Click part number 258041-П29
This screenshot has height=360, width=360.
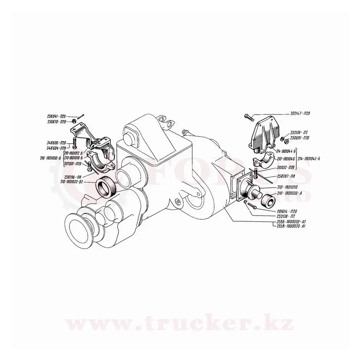tap(57, 116)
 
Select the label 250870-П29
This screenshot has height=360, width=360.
tap(57, 122)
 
